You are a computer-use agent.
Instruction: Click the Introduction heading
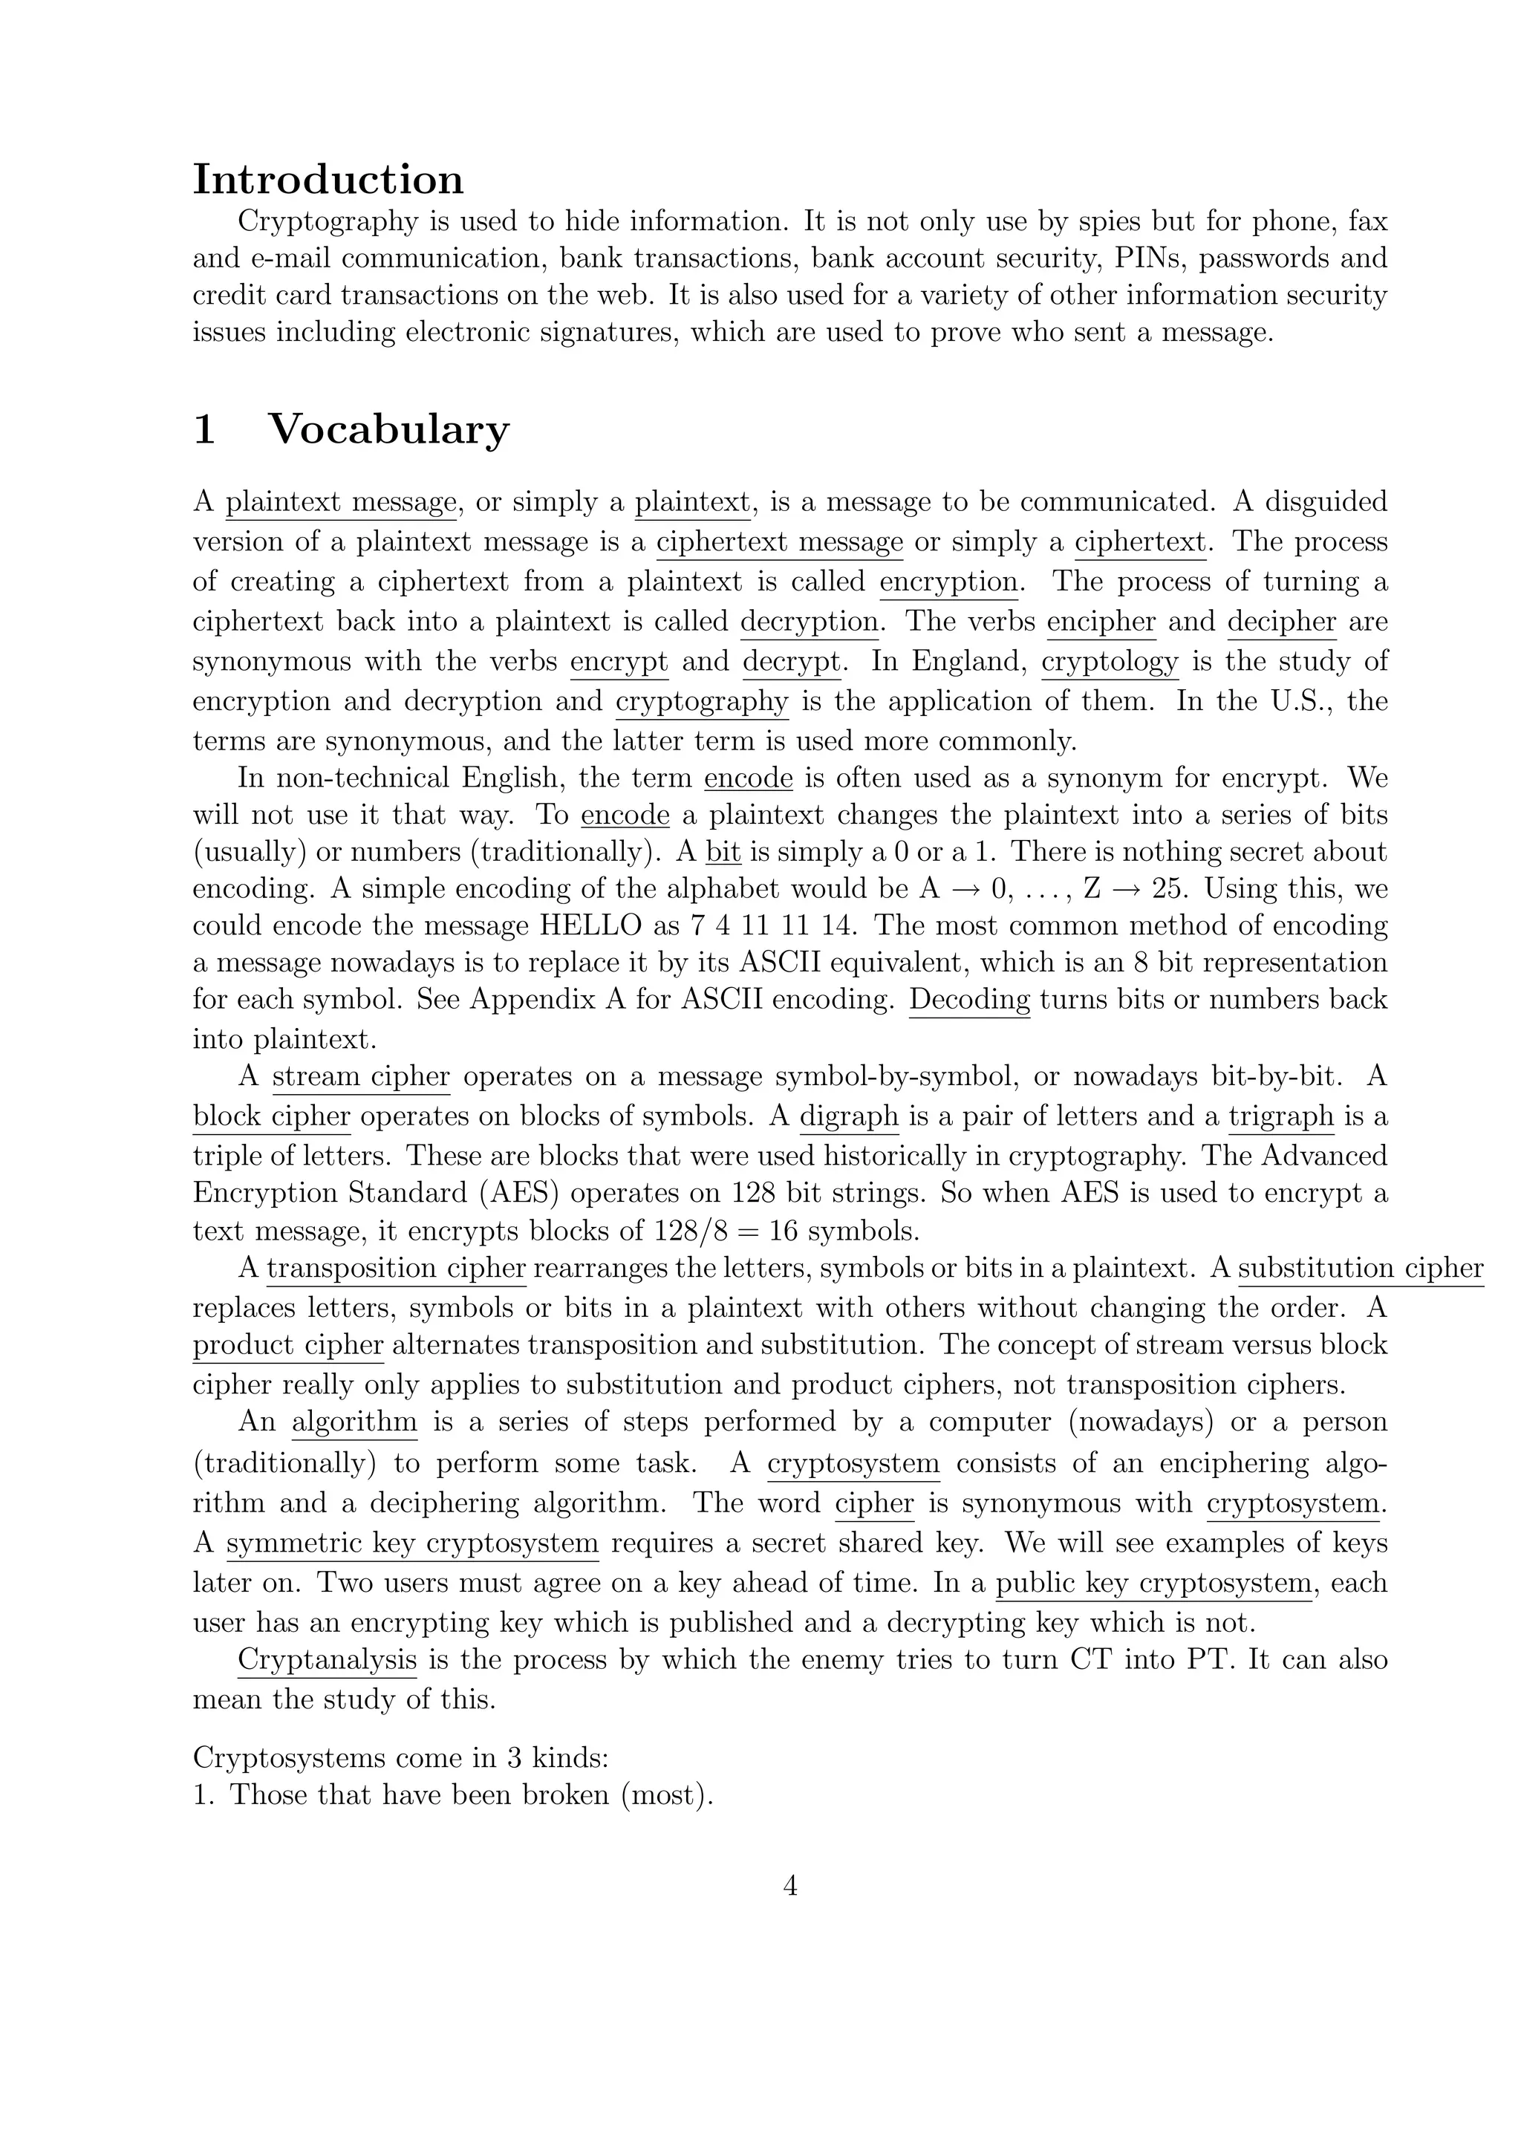328,179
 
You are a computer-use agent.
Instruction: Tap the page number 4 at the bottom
789,1885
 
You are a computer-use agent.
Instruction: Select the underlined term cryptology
1110,661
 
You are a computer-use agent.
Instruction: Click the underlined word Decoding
969,1000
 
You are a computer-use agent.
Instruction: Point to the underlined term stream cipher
361,1076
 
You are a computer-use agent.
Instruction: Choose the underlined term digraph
849,1116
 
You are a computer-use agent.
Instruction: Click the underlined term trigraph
1280,1116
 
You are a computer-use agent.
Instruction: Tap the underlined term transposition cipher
396,1269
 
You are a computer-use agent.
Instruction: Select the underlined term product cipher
288,1345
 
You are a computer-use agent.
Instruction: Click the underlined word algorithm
354,1422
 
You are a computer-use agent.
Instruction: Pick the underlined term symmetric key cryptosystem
412,1543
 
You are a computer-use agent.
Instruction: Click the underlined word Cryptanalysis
327,1660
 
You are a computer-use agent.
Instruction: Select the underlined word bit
723,852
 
